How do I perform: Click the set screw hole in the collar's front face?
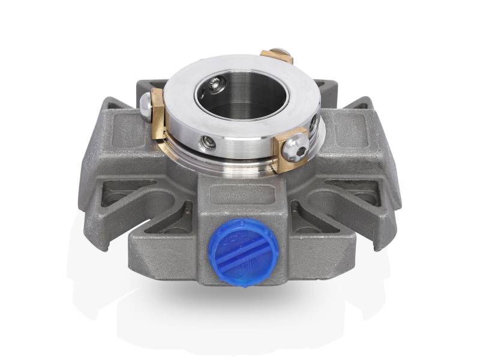208,142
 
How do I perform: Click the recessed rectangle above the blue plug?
236,196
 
